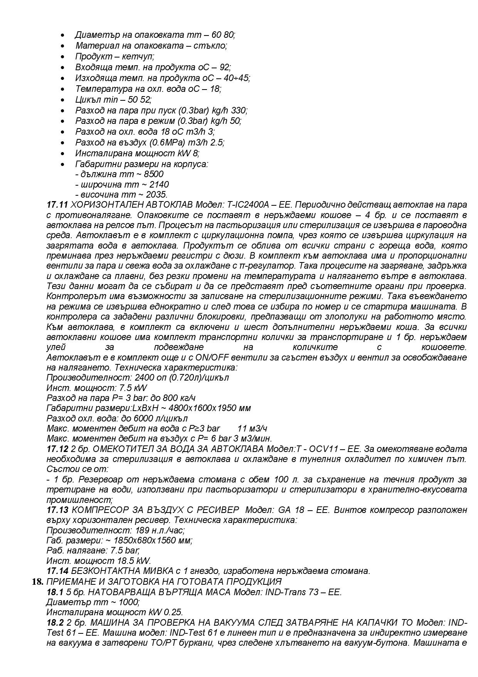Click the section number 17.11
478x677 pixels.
(57, 205)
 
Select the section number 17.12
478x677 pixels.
(57, 449)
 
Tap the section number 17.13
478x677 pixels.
(57, 510)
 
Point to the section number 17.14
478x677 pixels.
(57, 571)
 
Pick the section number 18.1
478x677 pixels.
(55, 592)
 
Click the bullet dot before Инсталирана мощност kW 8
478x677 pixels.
(63, 154)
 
